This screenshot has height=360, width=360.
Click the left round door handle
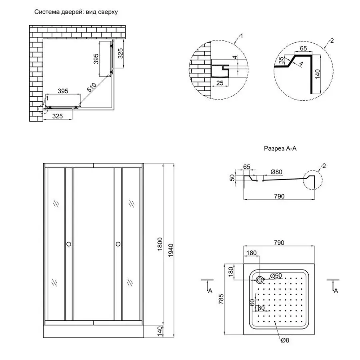click(68, 244)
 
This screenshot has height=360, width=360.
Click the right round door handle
click(118, 244)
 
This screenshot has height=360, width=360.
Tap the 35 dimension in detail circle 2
click(282, 60)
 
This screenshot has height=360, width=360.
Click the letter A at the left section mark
click(210, 291)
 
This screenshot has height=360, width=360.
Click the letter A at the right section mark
click(336, 291)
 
